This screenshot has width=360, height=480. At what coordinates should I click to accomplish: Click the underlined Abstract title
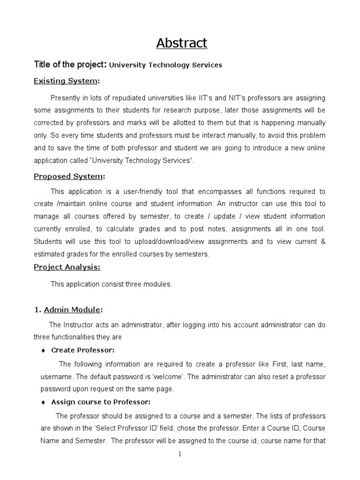point(181,43)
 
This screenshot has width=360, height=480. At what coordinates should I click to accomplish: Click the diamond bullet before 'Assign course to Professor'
point(43,402)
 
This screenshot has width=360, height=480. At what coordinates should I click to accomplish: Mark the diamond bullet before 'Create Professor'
point(43,350)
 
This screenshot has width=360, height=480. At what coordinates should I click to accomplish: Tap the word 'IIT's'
point(202,98)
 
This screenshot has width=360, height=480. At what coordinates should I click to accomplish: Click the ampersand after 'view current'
point(322,241)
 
